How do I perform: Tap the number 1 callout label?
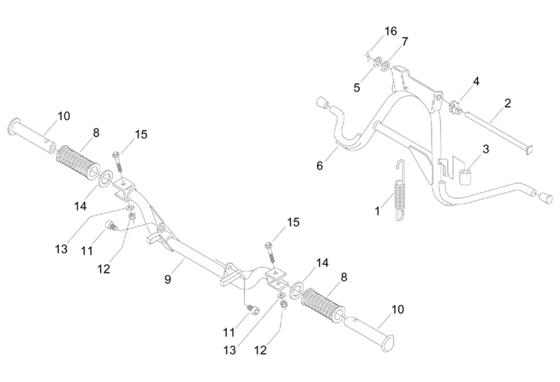(x=377, y=210)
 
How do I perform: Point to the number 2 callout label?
(x=507, y=103)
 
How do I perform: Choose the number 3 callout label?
(x=485, y=149)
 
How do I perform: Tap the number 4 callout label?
(x=476, y=82)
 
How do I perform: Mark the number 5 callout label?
(x=357, y=87)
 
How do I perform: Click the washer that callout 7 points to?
(x=386, y=67)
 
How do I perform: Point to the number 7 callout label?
(x=405, y=42)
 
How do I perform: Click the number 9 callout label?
(x=167, y=279)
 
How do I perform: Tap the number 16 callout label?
(x=390, y=31)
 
